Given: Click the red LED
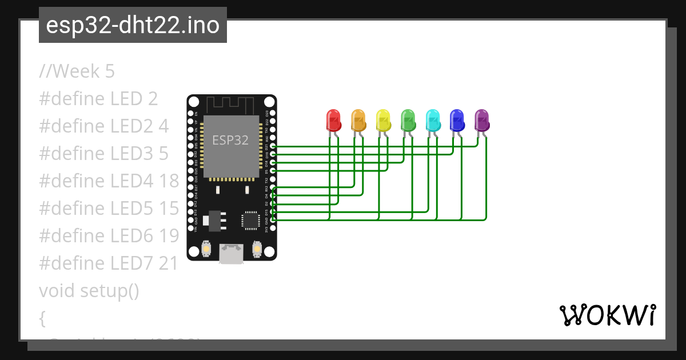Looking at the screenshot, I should point(333,120).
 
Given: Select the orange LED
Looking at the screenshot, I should point(358,120).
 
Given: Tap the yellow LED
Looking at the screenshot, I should point(383,120).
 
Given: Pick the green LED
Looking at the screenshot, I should point(408,120).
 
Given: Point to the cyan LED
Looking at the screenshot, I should point(433,120).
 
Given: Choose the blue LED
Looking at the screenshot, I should point(457,120).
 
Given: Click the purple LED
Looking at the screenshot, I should point(482,120).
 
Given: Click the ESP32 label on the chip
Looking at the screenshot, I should point(230,140).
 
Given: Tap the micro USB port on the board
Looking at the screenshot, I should point(232,254).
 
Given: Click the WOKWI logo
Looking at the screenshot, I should point(608,315).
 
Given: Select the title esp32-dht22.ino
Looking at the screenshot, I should point(133,26).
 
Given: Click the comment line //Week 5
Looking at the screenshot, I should point(77,71).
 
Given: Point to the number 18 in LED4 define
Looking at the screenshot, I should point(169,181).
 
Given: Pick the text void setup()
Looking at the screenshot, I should point(89,291).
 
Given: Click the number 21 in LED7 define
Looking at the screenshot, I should point(169,263).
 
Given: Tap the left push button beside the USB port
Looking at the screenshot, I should point(206,249).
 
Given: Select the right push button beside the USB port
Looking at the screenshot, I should point(257,249).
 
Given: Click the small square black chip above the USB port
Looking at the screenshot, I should point(250,220).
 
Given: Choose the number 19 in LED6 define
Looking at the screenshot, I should point(169,236).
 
